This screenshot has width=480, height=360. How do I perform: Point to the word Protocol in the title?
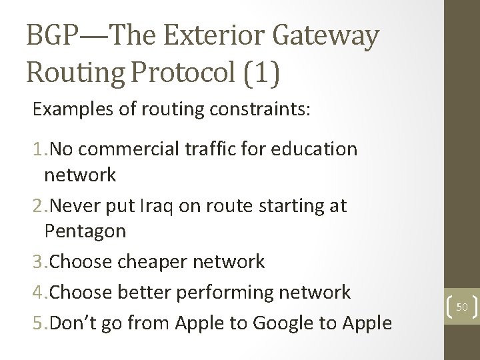186,73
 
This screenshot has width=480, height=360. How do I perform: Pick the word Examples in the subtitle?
72,110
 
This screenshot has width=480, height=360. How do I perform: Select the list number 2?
37,205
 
